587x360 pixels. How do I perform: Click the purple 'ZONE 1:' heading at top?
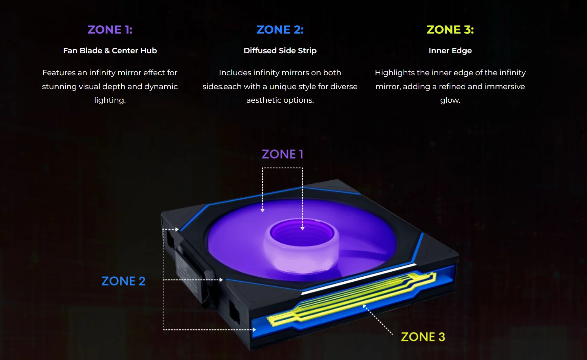(x=110, y=30)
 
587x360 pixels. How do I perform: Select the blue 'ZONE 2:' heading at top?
(x=280, y=30)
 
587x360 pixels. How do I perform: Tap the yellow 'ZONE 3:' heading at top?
(x=450, y=30)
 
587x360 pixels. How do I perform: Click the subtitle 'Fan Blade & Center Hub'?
(x=110, y=51)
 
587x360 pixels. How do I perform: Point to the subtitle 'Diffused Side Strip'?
(x=280, y=51)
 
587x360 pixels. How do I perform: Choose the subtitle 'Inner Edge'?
(x=450, y=51)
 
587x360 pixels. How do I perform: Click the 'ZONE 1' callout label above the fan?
(x=282, y=154)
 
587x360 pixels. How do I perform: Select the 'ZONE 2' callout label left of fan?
(x=123, y=281)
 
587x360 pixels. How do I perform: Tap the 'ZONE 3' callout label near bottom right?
(x=423, y=337)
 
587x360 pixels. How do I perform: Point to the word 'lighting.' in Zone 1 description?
(x=110, y=100)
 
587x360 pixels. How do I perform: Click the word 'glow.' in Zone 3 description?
(x=450, y=100)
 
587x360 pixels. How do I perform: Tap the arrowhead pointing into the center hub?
(x=303, y=228)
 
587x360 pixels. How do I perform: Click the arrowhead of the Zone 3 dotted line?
(x=364, y=306)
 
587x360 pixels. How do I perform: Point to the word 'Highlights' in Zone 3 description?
(x=395, y=73)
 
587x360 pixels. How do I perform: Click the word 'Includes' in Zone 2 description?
(x=235, y=73)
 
